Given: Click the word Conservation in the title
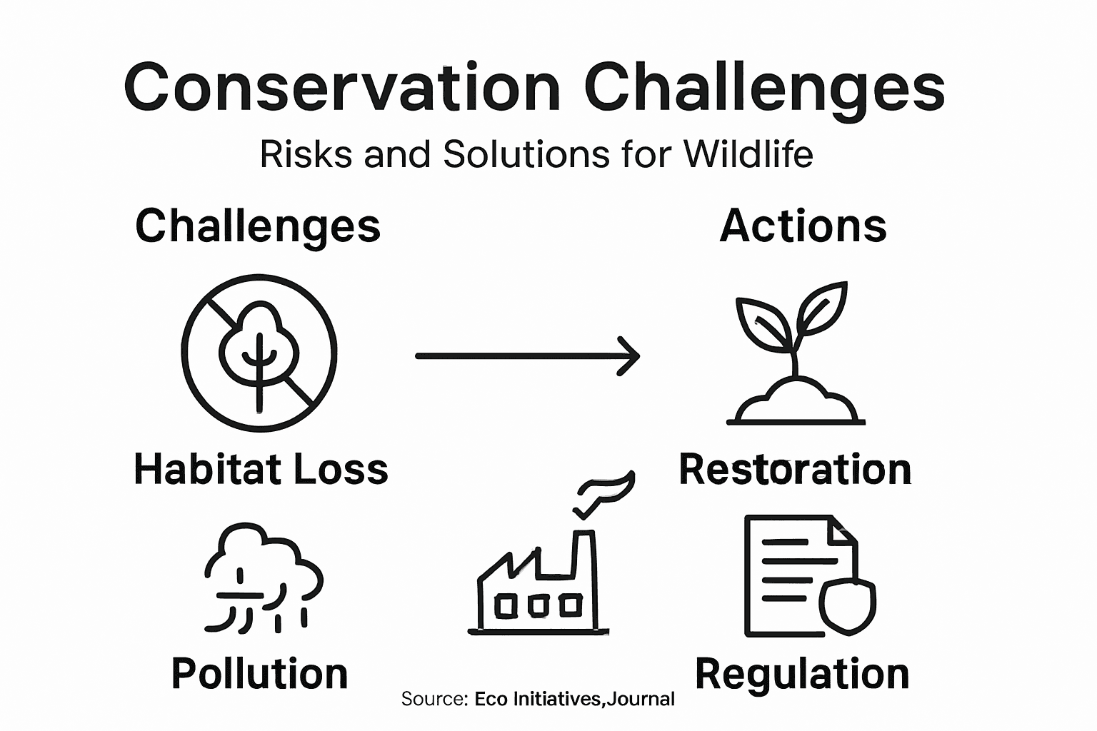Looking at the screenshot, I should (341, 87).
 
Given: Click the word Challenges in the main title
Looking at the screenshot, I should (764, 87).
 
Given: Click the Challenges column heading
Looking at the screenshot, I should (258, 226).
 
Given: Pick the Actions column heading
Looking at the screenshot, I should (803, 226).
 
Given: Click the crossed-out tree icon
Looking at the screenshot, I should (259, 353).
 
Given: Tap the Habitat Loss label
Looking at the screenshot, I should (261, 470).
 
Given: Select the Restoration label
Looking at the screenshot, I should (795, 470).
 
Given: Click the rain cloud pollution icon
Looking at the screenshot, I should (263, 578).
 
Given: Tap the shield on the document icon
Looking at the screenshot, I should (848, 604).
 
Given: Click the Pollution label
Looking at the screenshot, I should (260, 673).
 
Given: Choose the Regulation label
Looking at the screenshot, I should (802, 673).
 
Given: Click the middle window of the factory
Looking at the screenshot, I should (538, 605).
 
